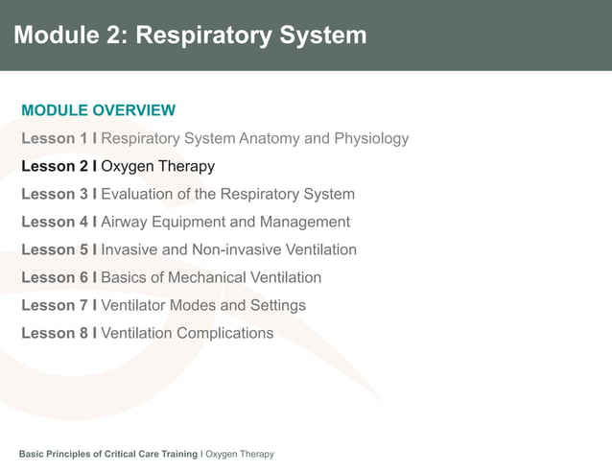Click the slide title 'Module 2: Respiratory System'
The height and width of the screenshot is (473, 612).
pyautogui.click(x=190, y=35)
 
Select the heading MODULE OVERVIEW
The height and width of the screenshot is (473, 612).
pyautogui.click(x=98, y=110)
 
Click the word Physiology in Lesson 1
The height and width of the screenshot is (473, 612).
pyautogui.click(x=371, y=138)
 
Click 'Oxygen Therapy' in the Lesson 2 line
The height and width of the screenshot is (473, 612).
pyautogui.click(x=157, y=166)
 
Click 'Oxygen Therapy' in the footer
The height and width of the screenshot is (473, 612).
pyautogui.click(x=240, y=454)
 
